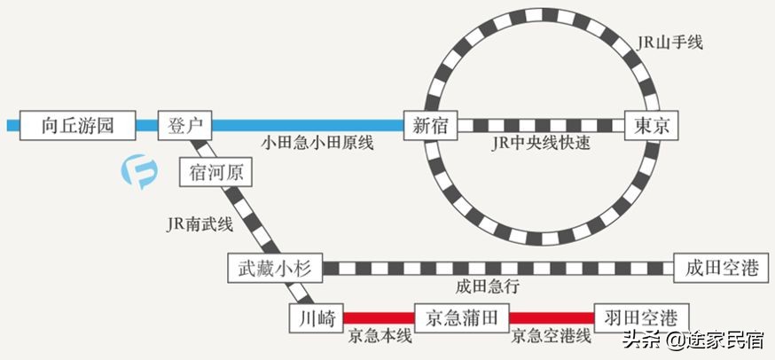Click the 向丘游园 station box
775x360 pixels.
tap(77, 125)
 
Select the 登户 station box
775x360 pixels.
tap(185, 125)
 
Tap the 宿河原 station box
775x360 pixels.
tap(215, 172)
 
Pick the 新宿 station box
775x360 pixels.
tap(431, 125)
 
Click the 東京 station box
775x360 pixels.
tap(651, 125)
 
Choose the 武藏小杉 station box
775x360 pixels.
tap(274, 268)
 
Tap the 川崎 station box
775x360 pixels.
tap(316, 317)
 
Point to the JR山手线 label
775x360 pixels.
tap(669, 42)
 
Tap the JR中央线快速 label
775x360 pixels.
tap(540, 144)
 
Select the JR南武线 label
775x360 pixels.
tap(200, 224)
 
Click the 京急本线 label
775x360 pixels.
tap(380, 336)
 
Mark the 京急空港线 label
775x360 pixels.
tap(550, 336)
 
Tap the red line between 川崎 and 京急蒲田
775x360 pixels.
tap(379, 317)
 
